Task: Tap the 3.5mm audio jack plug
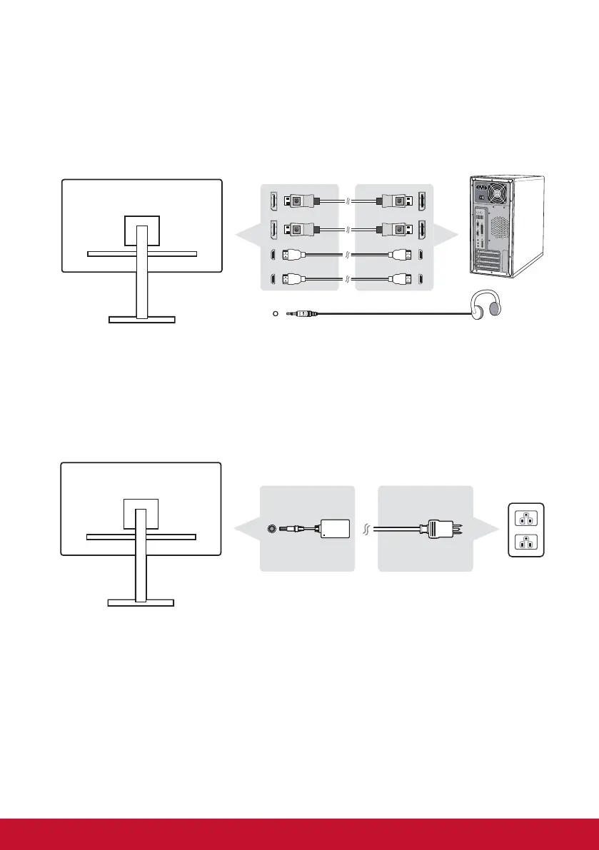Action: click(303, 313)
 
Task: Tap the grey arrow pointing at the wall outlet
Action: click(486, 529)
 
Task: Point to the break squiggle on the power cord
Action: click(366, 529)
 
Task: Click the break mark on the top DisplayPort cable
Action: click(346, 201)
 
